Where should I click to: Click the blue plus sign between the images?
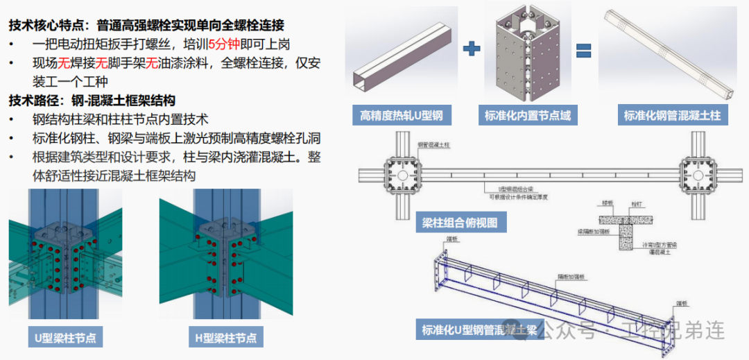point(472,49)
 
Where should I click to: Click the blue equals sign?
point(584,49)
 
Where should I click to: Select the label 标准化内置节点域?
point(528,115)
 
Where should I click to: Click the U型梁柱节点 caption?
point(65,338)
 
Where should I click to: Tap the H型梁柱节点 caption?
point(222,338)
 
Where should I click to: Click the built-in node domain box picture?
point(528,55)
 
